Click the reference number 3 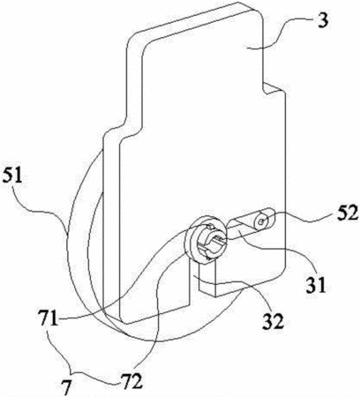pyautogui.click(x=323, y=20)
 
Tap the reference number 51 pyautogui.click(x=12, y=176)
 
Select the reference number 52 pyautogui.click(x=348, y=213)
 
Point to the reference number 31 pyautogui.click(x=316, y=284)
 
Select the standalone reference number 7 pyautogui.click(x=67, y=387)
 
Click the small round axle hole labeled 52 pyautogui.click(x=261, y=221)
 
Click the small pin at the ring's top pyautogui.click(x=209, y=226)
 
